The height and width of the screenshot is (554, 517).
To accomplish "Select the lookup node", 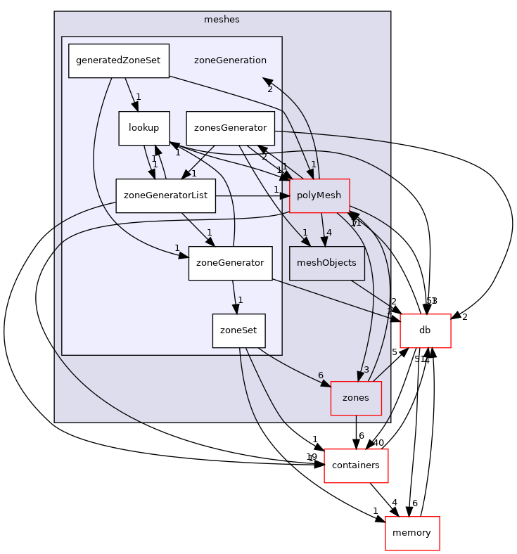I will click(144, 128).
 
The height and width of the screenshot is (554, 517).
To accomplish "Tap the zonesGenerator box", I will click(230, 128).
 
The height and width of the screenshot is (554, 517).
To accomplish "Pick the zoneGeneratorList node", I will click(165, 195).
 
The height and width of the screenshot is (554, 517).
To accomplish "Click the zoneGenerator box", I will click(230, 263).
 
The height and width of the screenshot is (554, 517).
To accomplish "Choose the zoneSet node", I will click(238, 330).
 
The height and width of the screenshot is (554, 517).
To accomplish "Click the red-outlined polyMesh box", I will click(319, 195).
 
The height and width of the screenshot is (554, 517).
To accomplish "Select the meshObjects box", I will click(326, 263).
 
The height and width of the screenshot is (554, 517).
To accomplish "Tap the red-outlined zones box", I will click(356, 398).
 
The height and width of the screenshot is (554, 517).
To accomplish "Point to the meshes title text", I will click(222, 20).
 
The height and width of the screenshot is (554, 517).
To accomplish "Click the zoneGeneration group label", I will click(230, 60).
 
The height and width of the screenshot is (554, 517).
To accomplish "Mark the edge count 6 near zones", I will click(321, 375).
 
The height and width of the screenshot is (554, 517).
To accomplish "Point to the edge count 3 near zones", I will click(366, 370).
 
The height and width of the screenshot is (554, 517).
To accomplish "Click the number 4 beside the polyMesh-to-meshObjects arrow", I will click(328, 233).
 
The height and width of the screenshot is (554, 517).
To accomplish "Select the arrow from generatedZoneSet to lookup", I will click(132, 94).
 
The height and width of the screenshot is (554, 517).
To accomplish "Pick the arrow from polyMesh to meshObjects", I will click(323, 229).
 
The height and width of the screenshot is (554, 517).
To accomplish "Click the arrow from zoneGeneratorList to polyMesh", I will click(250, 195).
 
